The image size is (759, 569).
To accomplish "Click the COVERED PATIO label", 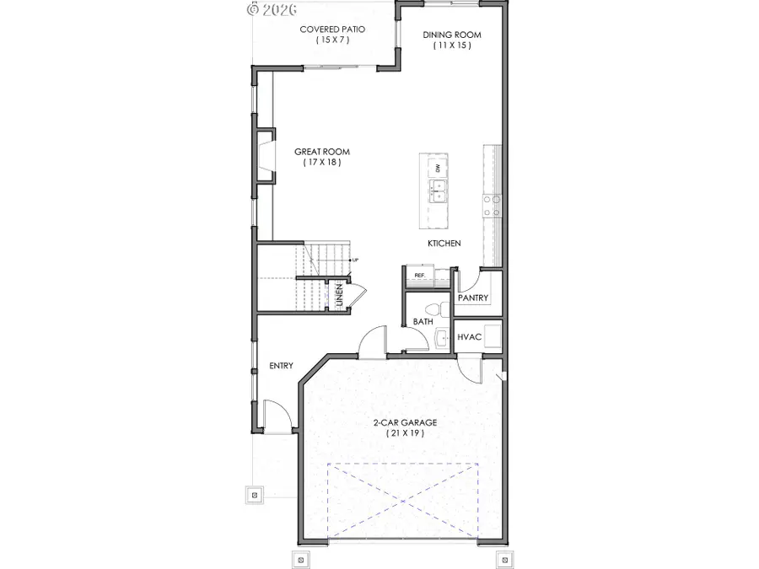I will click(x=332, y=29).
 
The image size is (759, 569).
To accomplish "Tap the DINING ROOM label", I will click(x=451, y=35).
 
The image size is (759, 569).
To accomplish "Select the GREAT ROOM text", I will click(x=321, y=152).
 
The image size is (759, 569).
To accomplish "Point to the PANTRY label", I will click(x=473, y=298).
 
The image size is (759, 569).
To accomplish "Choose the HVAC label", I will click(x=469, y=337).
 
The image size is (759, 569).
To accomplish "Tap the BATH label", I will click(x=423, y=322).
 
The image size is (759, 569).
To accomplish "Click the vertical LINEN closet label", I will click(x=339, y=296).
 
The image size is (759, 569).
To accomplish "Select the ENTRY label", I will click(x=281, y=365).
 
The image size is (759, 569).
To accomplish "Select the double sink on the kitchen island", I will click(x=438, y=191).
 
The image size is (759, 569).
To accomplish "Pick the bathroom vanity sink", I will click(x=443, y=339).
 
